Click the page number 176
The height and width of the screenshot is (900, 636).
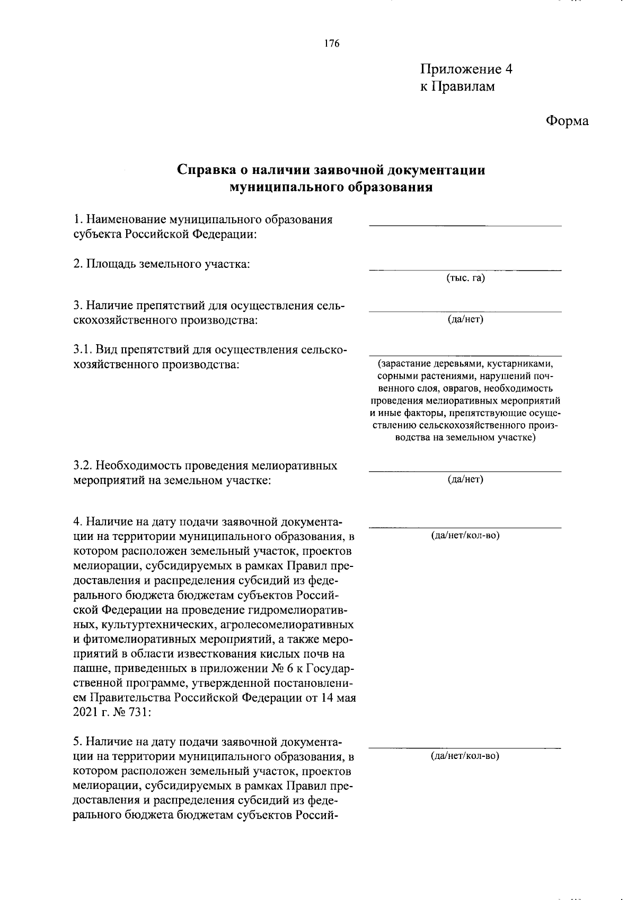click(x=332, y=43)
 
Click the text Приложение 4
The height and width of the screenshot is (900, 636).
click(x=466, y=69)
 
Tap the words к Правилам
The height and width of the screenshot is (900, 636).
click(x=457, y=86)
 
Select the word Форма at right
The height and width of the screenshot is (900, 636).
click(x=567, y=121)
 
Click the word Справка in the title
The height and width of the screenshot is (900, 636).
click(x=205, y=170)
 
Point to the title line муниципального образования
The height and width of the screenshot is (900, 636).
click(x=331, y=187)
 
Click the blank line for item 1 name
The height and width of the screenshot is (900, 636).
click(x=465, y=225)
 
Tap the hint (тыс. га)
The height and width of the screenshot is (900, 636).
click(x=465, y=278)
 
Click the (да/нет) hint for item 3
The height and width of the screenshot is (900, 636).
click(x=465, y=319)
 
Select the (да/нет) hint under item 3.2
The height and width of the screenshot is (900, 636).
click(x=465, y=479)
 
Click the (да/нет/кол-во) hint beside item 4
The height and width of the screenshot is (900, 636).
click(x=465, y=535)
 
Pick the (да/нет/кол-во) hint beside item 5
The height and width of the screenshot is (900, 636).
click(x=465, y=756)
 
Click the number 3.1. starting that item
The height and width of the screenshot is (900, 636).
click(x=83, y=351)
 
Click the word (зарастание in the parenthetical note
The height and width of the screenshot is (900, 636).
click(x=402, y=364)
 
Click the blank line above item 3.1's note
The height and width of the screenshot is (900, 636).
click(x=465, y=356)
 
